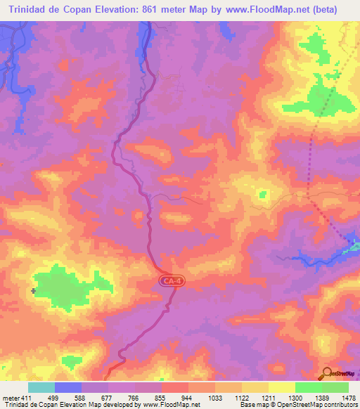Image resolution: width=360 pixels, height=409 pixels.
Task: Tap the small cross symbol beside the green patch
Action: click(x=34, y=290)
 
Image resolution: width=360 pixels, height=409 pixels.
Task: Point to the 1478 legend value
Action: click(x=340, y=398)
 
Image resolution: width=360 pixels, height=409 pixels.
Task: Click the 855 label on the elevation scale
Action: click(x=161, y=398)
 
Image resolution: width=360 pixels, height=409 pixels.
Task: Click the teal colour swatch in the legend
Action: click(x=41, y=387)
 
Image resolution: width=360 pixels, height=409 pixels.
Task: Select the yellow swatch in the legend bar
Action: click(x=281, y=387)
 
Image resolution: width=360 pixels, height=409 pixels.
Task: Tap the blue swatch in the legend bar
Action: click(x=68, y=387)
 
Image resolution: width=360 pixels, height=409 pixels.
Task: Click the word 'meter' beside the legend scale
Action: click(x=10, y=398)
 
